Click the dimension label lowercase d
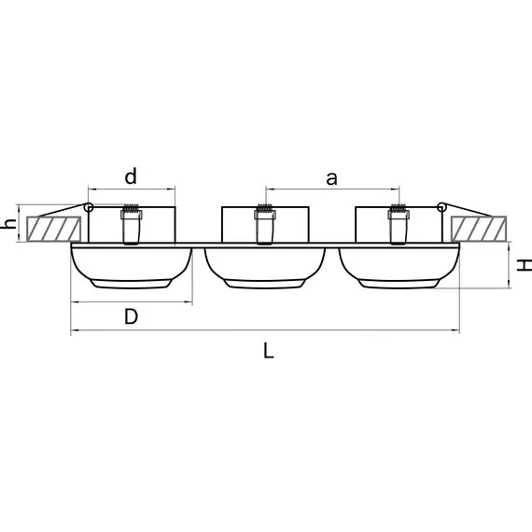point(131,176)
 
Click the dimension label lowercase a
point(330,177)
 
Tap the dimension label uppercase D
point(131,317)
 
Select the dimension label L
point(268,351)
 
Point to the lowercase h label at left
point(8,225)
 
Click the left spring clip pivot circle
point(89,207)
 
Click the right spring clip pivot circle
point(441,207)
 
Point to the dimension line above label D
point(131,302)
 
